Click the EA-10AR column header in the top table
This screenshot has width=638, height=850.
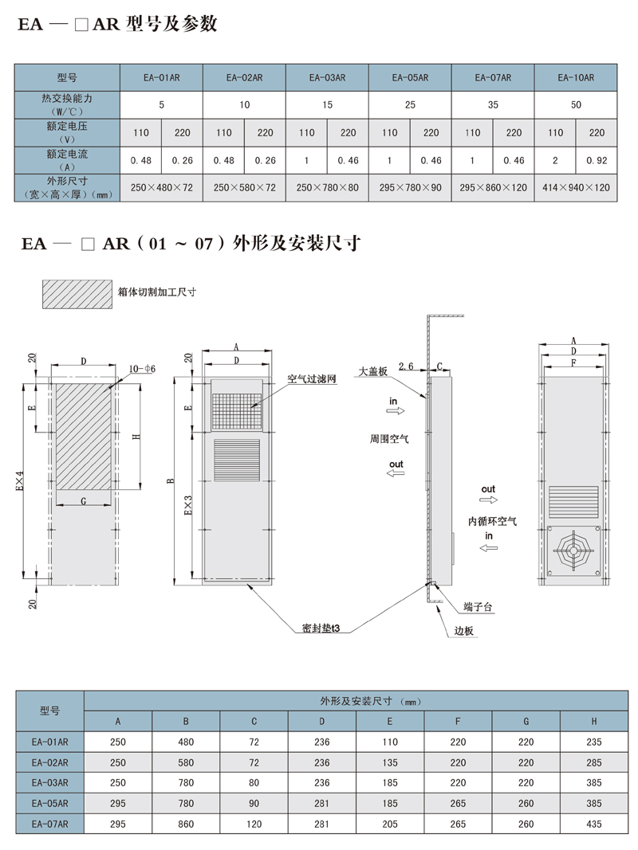coord(576,78)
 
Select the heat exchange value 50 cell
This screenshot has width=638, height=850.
coord(576,104)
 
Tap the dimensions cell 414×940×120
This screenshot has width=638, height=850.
coord(576,187)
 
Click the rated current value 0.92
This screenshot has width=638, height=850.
coord(597,160)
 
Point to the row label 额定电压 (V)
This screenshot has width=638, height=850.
coord(68,132)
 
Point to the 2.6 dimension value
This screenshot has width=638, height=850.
coord(405,366)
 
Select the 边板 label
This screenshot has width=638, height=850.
coord(465,631)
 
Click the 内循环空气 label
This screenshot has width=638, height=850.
coord(492,522)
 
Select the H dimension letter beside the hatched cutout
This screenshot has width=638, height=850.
coord(136,436)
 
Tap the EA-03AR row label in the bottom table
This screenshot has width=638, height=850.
coord(49,781)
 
